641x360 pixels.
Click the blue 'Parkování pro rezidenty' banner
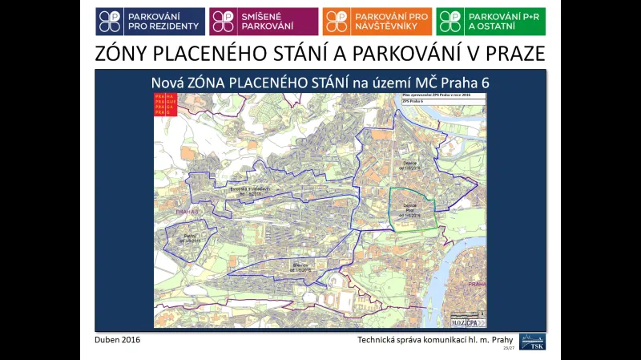(x=150, y=22)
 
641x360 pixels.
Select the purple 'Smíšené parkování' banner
(x=264, y=22)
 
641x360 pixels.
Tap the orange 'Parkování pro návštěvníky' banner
(x=377, y=22)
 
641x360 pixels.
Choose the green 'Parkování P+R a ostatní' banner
(x=491, y=22)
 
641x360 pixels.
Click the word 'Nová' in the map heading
(x=169, y=83)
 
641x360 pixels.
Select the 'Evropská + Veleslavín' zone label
(x=248, y=190)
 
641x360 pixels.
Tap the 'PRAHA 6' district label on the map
(x=183, y=212)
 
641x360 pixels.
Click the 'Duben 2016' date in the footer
(x=118, y=340)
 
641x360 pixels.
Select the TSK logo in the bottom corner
(x=532, y=340)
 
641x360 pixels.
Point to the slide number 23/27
(x=508, y=349)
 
